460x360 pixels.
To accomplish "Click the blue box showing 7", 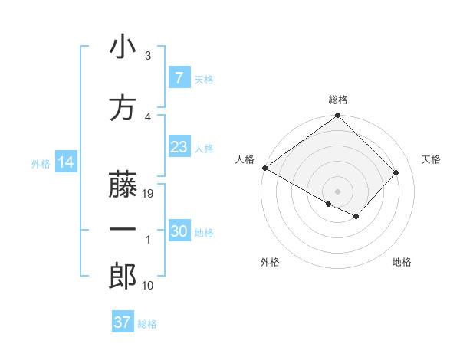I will pyautogui.click(x=179, y=78).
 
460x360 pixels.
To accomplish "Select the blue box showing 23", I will pyautogui.click(x=179, y=147).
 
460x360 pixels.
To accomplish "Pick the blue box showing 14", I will pyautogui.click(x=65, y=162).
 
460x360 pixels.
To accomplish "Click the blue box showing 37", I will pyautogui.click(x=122, y=322).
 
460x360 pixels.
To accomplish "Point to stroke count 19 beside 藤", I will pyautogui.click(x=149, y=195).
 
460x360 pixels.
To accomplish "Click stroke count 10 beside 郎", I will pyautogui.click(x=149, y=286).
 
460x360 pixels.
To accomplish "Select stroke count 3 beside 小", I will pyautogui.click(x=148, y=56).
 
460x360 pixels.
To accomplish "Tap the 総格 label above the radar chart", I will pyautogui.click(x=338, y=100).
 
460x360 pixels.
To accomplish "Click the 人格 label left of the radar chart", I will pyautogui.click(x=245, y=159).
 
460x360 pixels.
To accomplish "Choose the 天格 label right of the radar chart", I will pyautogui.click(x=432, y=159).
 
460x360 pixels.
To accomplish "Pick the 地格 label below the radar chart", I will pyautogui.click(x=402, y=262).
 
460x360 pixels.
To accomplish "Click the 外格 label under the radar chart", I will pyautogui.click(x=270, y=262).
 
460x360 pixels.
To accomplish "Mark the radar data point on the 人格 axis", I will pyautogui.click(x=264, y=168).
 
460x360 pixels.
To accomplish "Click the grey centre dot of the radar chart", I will pyautogui.click(x=337, y=190).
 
